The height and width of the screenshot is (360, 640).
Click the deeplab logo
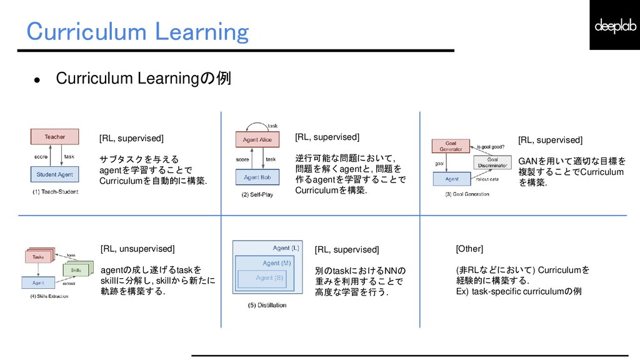tap(614, 26)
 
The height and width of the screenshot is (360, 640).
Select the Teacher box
tap(55, 137)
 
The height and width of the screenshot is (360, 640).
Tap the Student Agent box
tap(55, 174)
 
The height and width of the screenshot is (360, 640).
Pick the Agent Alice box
tap(257, 139)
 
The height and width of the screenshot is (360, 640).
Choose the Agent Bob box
tap(257, 177)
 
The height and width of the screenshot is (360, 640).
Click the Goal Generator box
tap(451, 147)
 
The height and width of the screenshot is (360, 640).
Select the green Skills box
tap(76, 270)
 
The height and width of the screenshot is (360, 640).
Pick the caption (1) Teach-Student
tap(56, 191)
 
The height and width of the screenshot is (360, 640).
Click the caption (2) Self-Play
tap(257, 195)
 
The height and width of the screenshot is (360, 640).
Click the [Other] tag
tap(469, 249)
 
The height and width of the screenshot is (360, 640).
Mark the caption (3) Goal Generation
tap(467, 194)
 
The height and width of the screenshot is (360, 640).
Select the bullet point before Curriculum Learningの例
tap(37, 80)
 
